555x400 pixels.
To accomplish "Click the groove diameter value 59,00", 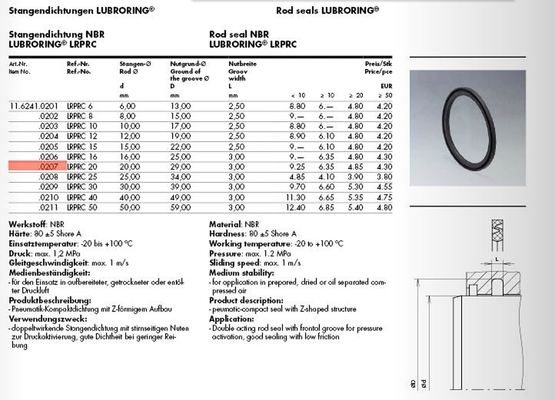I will pyautogui.click(x=181, y=208).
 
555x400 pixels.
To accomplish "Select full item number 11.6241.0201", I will pyautogui.click(x=33, y=106).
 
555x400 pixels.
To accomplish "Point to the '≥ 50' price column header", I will pyautogui.click(x=385, y=96).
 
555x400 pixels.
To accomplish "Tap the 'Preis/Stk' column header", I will pyautogui.click(x=378, y=64).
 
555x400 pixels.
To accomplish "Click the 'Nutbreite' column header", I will pyautogui.click(x=242, y=64).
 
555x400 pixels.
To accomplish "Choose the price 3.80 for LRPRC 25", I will pyautogui.click(x=384, y=177).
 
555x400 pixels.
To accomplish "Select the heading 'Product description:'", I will pyautogui.click(x=246, y=300).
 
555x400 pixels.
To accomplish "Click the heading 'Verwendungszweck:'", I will pyautogui.click(x=48, y=319).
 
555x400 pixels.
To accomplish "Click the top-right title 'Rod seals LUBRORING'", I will pyautogui.click(x=327, y=11).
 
